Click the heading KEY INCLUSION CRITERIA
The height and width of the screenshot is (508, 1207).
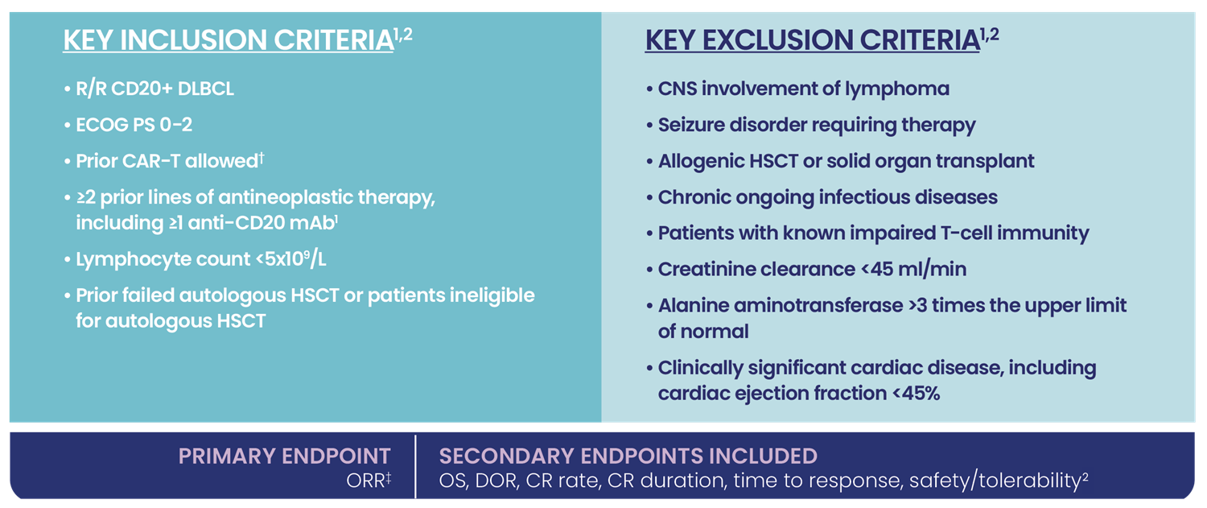229,40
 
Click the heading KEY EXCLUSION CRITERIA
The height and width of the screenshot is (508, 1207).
813,40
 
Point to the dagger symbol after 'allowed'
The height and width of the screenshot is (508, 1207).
262,158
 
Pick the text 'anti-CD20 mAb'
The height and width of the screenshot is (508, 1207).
261,223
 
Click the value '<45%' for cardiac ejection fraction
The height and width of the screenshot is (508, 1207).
916,394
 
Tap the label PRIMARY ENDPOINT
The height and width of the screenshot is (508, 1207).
284,456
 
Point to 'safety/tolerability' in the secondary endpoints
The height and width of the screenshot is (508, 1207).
995,481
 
